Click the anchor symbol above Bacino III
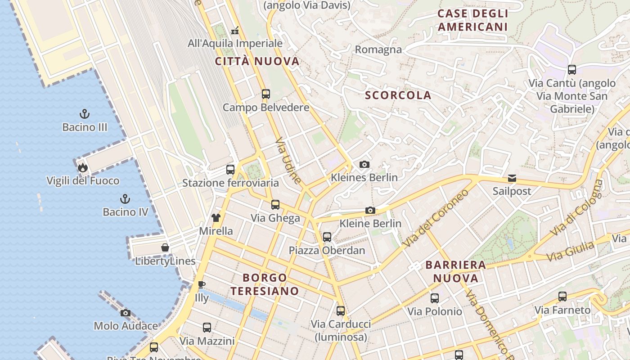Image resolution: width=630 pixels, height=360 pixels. pos(84,114)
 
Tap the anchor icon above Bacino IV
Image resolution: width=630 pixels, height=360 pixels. pos(125,198)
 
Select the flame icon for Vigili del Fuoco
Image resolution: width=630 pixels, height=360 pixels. pos(82,168)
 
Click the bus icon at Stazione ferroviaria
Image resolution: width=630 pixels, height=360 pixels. pos(230,170)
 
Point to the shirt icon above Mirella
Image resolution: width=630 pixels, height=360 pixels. pos(216,218)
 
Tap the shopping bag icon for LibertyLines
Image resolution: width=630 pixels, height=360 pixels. pos(165,247)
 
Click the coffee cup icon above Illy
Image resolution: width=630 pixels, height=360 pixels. pos(202,284)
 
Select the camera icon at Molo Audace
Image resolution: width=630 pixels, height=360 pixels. pos(126,313)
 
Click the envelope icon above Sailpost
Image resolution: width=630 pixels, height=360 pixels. pos(512,178)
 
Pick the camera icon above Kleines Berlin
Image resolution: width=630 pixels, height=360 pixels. pos(364,164)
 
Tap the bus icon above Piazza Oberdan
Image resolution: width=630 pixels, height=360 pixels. pos(327,237)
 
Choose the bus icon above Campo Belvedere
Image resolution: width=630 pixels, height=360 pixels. pos(266,94)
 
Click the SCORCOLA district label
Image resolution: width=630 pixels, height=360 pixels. pos(398,95)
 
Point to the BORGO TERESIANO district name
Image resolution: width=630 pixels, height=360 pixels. pos(265,284)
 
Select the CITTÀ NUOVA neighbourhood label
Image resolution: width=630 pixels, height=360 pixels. pos(257,62)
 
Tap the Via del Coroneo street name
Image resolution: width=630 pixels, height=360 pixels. pos(436,218)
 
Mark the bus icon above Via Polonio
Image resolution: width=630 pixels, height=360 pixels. pos(435,298)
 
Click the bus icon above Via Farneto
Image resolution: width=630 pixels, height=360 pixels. pos(562,297)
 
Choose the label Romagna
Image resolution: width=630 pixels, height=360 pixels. pos(378,49)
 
